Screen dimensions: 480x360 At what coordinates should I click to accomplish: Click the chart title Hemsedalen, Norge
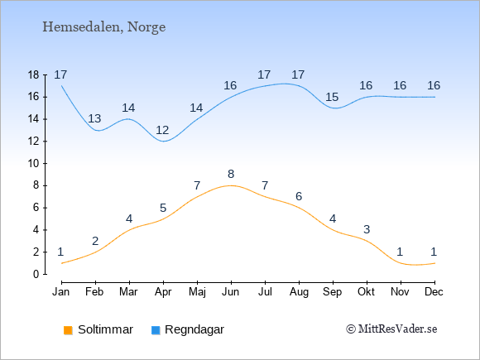click(x=104, y=27)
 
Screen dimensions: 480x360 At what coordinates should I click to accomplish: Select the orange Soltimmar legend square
click(x=68, y=330)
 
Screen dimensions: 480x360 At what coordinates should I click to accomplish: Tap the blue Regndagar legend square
click(x=156, y=330)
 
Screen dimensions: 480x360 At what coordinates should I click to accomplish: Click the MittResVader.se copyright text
click(x=391, y=329)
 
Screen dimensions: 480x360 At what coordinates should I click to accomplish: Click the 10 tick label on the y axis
click(x=34, y=164)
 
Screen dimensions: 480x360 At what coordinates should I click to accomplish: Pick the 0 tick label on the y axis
click(x=36, y=274)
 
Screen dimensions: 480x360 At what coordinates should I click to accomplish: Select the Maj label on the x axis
click(x=197, y=292)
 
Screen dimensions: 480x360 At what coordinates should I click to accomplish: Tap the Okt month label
click(x=366, y=292)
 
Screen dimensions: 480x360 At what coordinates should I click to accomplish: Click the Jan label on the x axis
click(x=61, y=292)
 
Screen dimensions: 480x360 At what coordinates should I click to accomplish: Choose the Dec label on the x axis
click(x=434, y=292)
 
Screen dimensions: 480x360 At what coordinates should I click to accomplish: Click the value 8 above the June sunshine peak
click(x=231, y=174)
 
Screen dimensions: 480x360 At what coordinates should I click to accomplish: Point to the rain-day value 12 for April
click(x=162, y=131)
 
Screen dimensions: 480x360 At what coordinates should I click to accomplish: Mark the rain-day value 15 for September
click(x=332, y=98)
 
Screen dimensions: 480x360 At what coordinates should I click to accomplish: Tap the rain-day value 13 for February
click(x=94, y=118)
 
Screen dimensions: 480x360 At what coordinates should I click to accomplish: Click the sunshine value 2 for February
click(x=95, y=241)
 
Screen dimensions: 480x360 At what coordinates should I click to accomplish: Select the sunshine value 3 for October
click(x=367, y=229)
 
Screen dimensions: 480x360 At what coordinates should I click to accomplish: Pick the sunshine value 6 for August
click(x=299, y=196)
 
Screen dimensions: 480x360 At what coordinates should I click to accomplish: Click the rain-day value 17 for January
click(x=60, y=74)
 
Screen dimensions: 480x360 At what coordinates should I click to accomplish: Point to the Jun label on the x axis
click(x=231, y=292)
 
